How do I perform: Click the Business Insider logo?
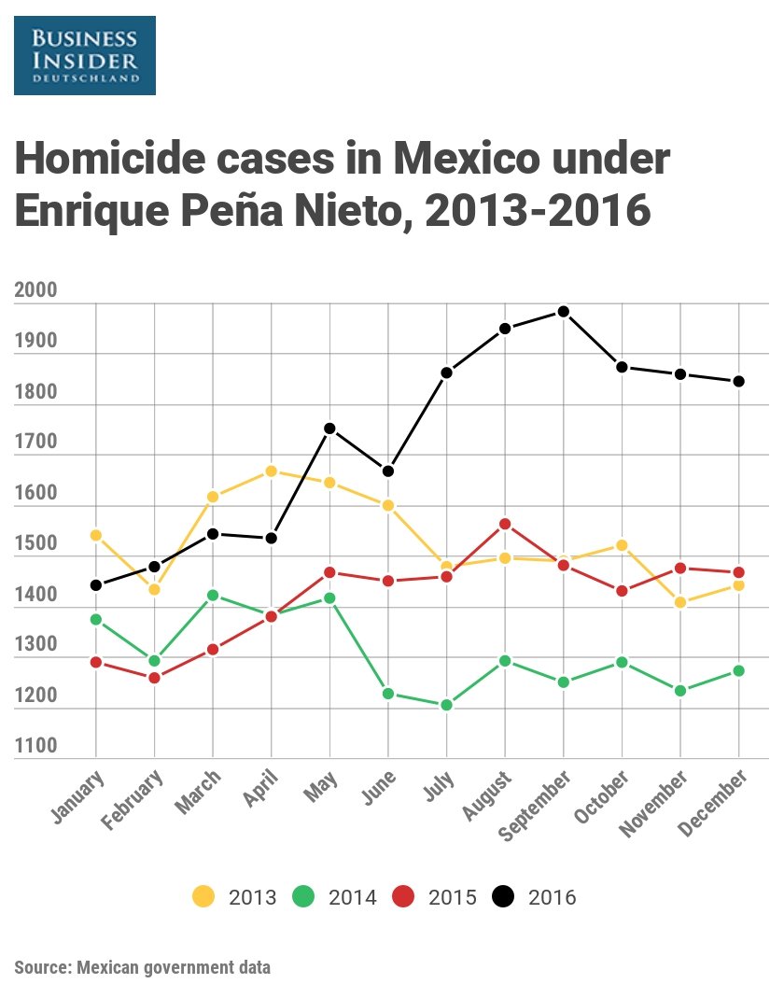pyautogui.click(x=85, y=55)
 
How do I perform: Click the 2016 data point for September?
pyautogui.click(x=563, y=312)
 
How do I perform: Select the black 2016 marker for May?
pyautogui.click(x=329, y=429)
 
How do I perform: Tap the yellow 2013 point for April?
pyautogui.click(x=271, y=471)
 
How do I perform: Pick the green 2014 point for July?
pyautogui.click(x=446, y=705)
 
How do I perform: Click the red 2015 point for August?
pyautogui.click(x=505, y=524)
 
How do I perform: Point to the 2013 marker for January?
pyautogui.click(x=95, y=535)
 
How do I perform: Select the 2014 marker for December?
pyautogui.click(x=738, y=670)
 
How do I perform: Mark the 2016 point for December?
pyautogui.click(x=738, y=381)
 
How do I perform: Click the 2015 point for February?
pyautogui.click(x=154, y=678)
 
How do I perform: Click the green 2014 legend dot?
pyautogui.click(x=302, y=897)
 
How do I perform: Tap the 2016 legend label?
pyautogui.click(x=552, y=898)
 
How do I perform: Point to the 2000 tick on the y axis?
pyautogui.click(x=36, y=290)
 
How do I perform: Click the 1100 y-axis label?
pyautogui.click(x=36, y=746)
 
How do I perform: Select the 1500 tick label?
pyautogui.click(x=36, y=543)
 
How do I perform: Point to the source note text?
pyautogui.click(x=143, y=967)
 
